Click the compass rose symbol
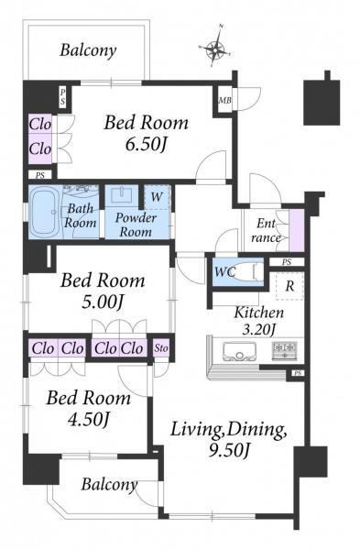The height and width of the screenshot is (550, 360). point(215,47)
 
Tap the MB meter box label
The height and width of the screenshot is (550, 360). point(224,100)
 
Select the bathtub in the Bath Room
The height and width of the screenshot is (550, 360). point(45,213)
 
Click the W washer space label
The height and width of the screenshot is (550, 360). point(157,197)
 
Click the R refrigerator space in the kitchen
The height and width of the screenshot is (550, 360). point(289,286)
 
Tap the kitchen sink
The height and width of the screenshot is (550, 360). point(240,351)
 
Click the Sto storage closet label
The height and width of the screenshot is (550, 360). point(161,348)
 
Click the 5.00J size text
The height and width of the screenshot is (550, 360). point(102,302)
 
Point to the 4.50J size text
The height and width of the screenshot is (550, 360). point(88,419)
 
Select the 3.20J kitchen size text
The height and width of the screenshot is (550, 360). point(259,329)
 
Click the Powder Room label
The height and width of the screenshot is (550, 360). point(136,225)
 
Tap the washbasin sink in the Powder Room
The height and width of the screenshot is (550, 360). point(122,195)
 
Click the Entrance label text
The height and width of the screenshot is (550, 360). point(266,230)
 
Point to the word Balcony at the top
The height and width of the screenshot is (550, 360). point(88,50)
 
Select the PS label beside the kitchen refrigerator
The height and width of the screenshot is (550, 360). point(287,262)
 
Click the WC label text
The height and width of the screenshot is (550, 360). point(224,271)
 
